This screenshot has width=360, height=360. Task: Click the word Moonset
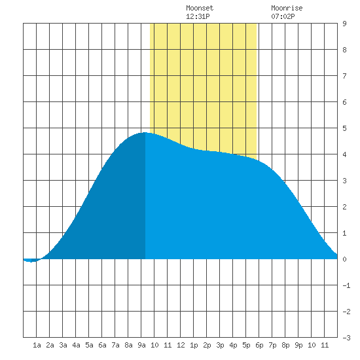200,8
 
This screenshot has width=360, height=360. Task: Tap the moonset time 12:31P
198,16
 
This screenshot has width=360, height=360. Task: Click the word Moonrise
287,8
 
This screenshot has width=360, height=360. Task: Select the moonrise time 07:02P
283,16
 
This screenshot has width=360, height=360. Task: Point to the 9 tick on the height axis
344,24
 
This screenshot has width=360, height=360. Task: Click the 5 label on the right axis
344,128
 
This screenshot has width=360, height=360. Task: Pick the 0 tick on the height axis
344,259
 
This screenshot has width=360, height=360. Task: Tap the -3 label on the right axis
346,338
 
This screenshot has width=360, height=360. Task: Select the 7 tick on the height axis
344,76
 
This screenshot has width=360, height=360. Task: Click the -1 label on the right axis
346,285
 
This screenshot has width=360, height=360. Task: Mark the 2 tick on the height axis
344,207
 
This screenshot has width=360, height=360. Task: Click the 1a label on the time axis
37,345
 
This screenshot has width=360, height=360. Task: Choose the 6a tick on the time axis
102,345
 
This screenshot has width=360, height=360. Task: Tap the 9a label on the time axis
141,345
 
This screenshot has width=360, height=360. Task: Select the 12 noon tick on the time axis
181,345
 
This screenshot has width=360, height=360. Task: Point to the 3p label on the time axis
220,345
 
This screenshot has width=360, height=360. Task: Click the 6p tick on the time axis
259,345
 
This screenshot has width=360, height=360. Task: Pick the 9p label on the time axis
298,345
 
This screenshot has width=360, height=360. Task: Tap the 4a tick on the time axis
76,345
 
